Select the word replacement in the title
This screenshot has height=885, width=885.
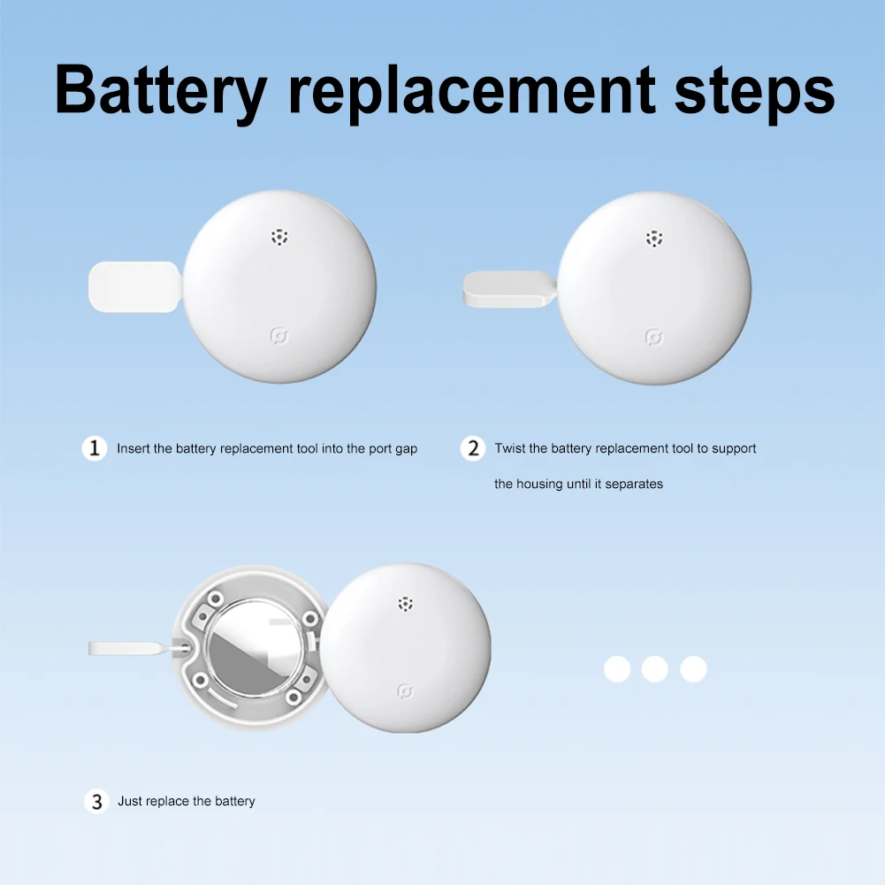coord(472,93)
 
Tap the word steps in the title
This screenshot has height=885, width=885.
coord(755,93)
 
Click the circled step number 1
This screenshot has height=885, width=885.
coord(95,449)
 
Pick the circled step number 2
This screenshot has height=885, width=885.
coord(473,449)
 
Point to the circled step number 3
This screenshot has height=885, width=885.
coord(96,802)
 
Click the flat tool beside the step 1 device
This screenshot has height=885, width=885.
coord(135,286)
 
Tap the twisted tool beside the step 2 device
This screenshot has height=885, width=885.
coord(509,289)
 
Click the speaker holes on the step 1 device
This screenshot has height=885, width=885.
coord(279,237)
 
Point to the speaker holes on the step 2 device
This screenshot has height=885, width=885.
coord(654,239)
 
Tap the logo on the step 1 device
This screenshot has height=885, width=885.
coord(278,336)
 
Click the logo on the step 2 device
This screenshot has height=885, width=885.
coord(653,338)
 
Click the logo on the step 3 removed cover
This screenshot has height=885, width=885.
coord(405,690)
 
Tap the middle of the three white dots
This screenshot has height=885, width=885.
coord(655,668)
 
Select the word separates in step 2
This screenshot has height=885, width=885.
coord(634,484)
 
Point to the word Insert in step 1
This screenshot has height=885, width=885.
coord(134,449)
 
